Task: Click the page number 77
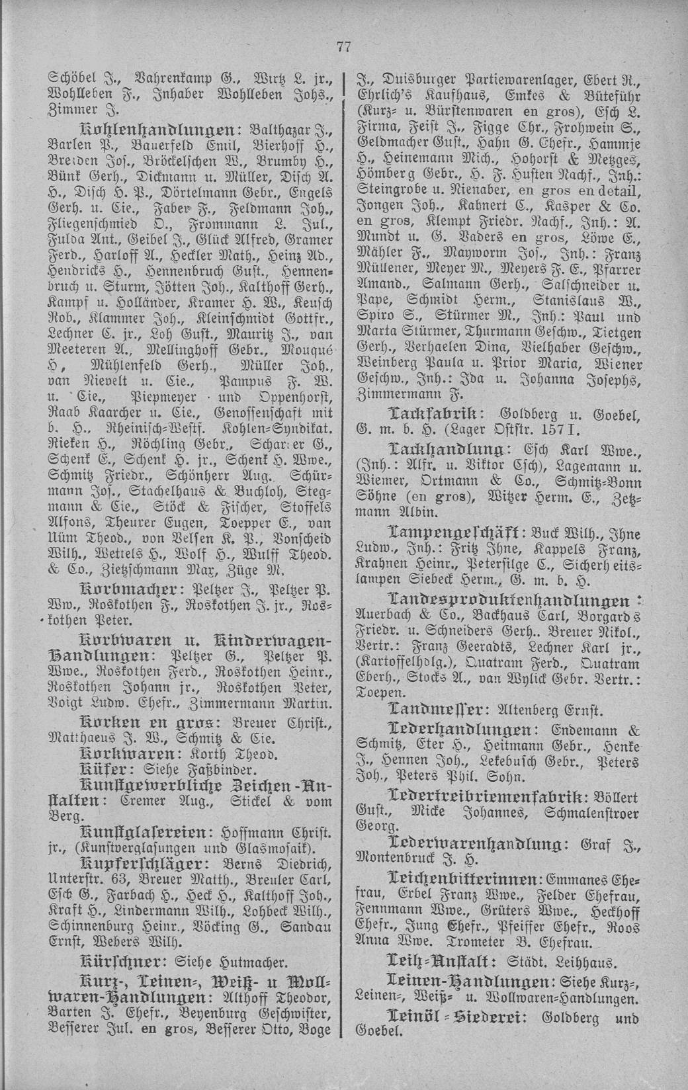click(343, 46)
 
